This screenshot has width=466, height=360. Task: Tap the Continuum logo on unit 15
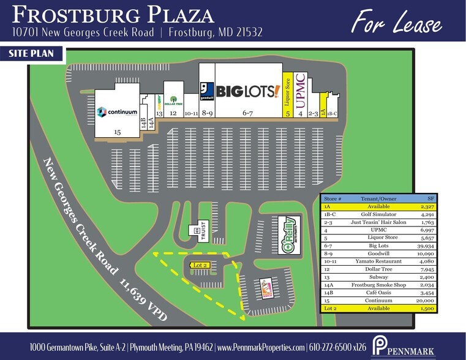116,112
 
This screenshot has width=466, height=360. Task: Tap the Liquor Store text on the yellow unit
286,91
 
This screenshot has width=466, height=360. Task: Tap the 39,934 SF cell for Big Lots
422,244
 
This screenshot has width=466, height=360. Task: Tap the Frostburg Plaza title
113,15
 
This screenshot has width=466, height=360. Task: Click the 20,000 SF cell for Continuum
422,301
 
